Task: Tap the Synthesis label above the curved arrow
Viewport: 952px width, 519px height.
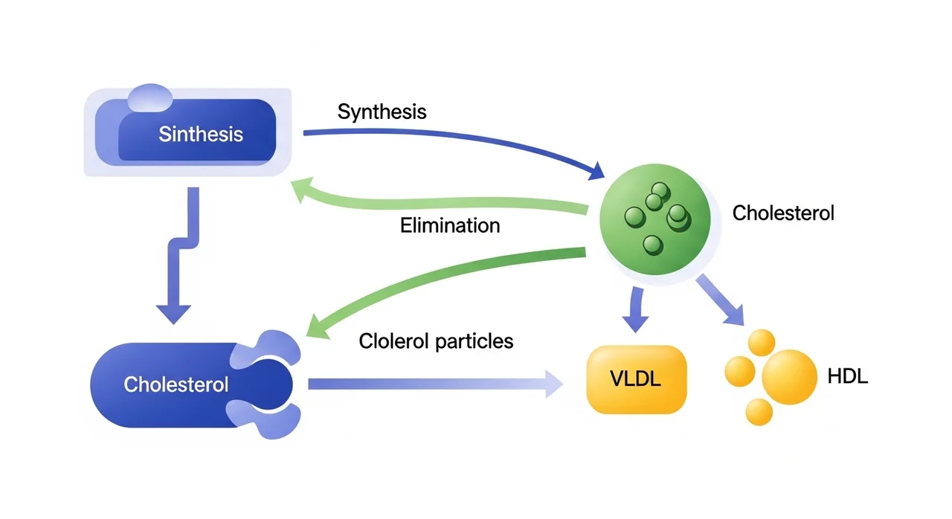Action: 382,112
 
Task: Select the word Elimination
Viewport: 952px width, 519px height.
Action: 450,225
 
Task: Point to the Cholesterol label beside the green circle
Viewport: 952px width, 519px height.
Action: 783,213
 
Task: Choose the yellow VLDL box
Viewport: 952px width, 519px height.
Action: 635,379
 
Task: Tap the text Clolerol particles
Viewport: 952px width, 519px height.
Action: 436,341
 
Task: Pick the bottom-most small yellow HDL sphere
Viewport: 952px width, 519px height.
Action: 759,411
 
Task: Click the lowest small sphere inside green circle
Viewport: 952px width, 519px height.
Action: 652,244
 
